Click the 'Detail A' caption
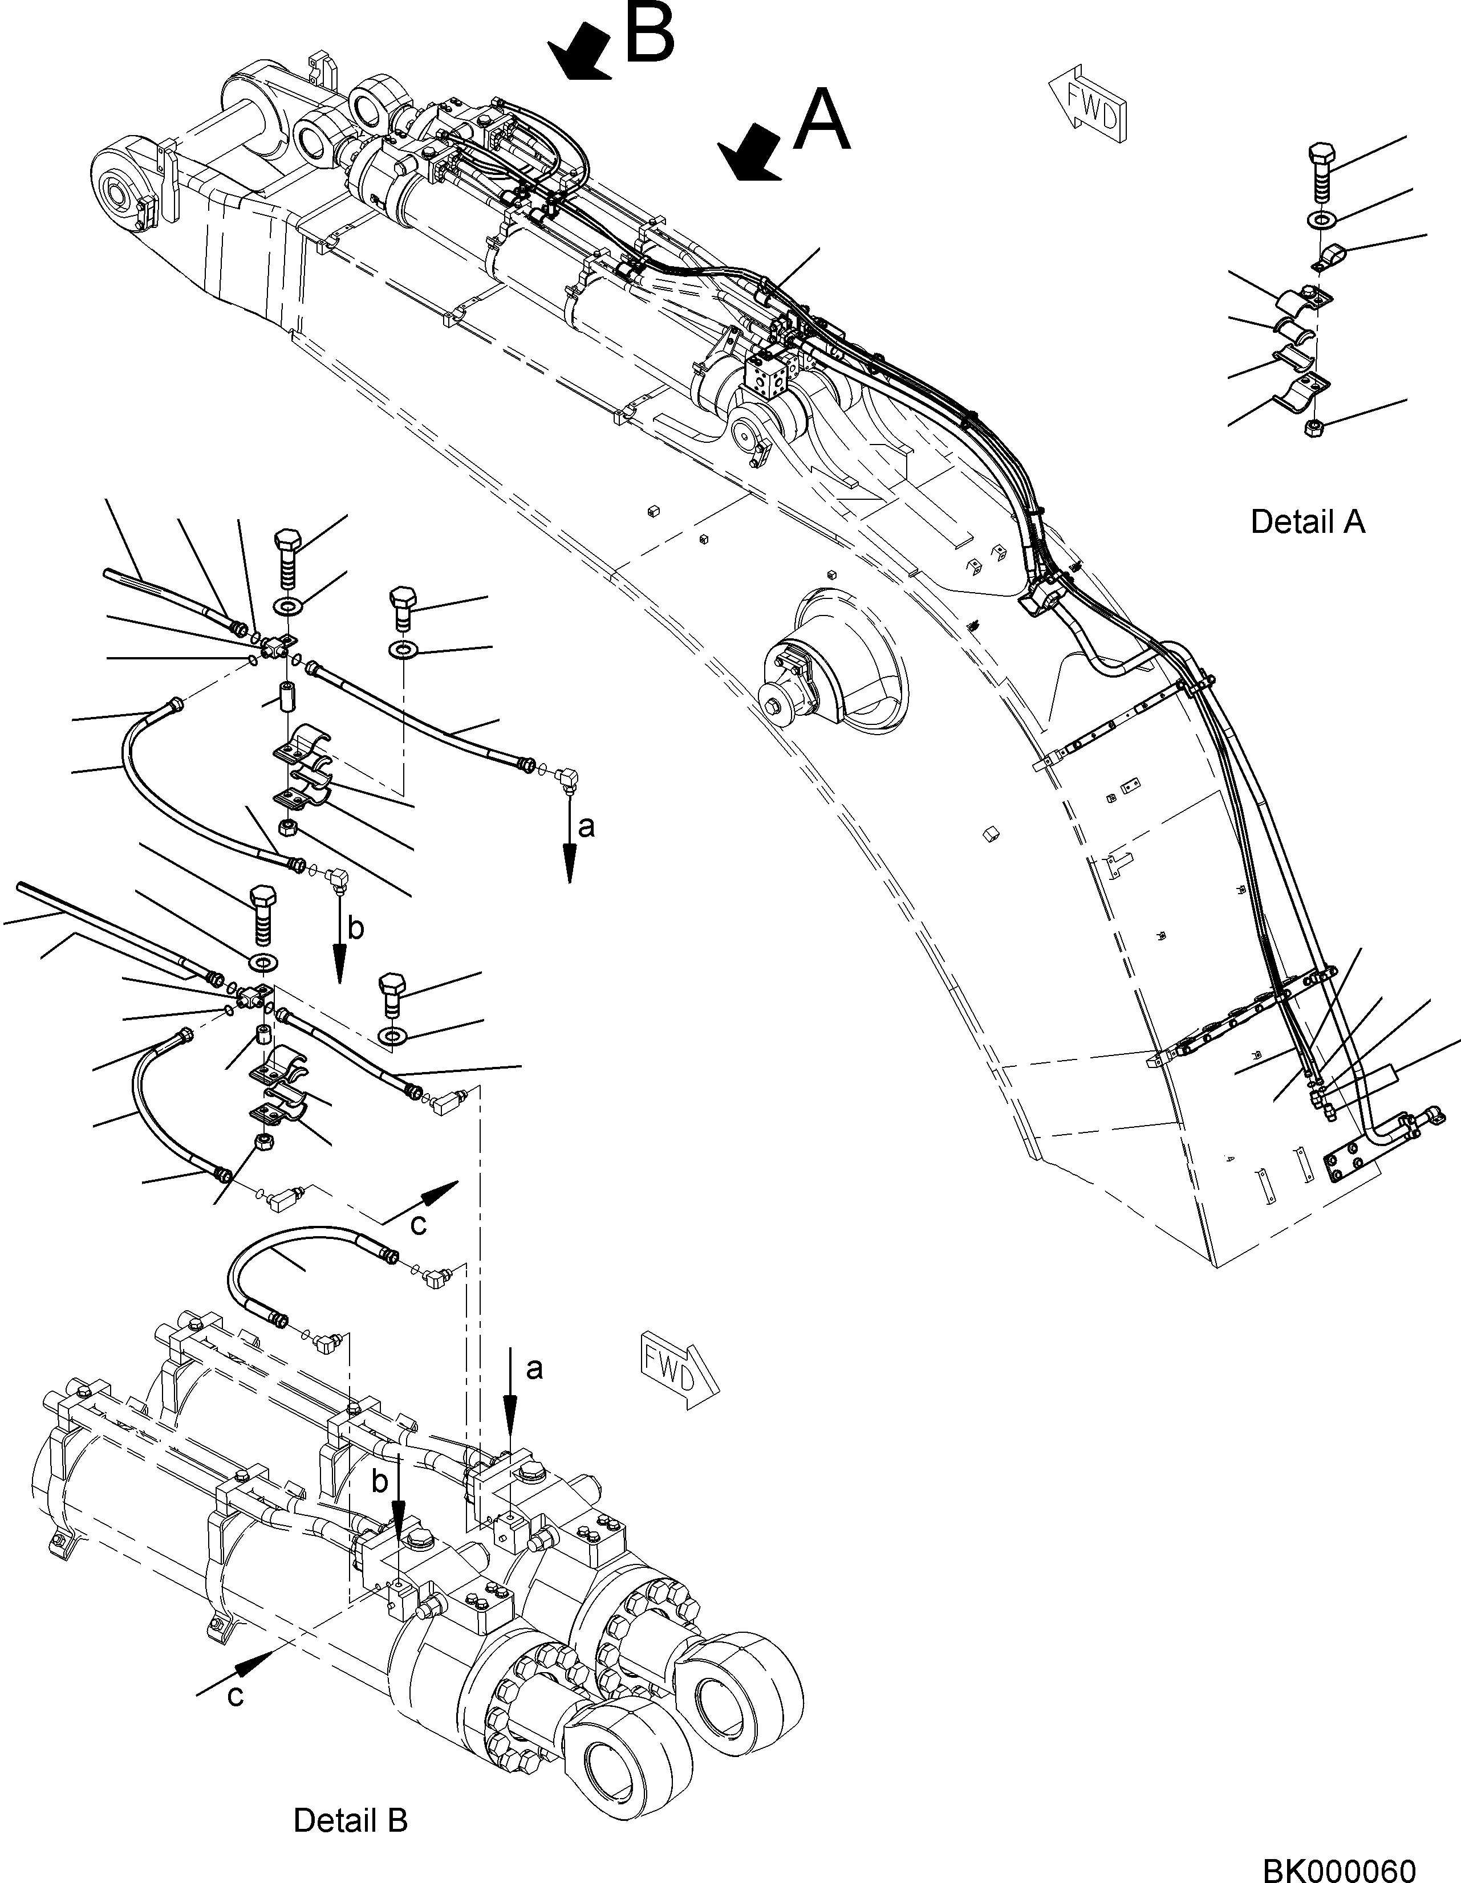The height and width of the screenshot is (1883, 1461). [x=1308, y=521]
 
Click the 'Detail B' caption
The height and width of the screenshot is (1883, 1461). [x=350, y=1820]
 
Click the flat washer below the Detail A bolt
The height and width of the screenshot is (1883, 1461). [x=1320, y=219]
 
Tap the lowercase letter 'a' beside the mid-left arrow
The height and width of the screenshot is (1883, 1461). [x=586, y=827]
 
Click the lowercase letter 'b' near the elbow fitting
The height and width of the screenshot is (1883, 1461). [x=355, y=928]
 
